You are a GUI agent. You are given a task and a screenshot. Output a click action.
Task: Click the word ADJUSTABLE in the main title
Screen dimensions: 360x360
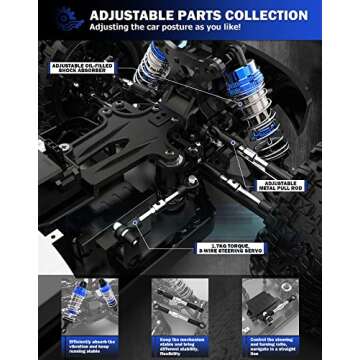[x=129, y=16]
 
